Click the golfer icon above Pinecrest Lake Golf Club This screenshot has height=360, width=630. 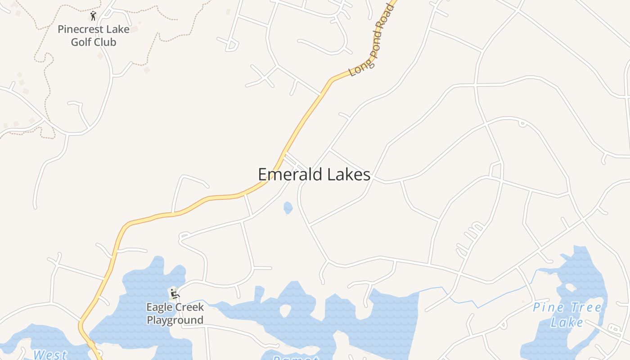coord(93,16)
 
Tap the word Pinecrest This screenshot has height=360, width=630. coord(80,30)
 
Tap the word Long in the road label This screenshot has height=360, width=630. coord(357,69)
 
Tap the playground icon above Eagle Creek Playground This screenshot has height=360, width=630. coord(174,294)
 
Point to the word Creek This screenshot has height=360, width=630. coord(189,308)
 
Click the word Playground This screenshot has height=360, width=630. coord(175,320)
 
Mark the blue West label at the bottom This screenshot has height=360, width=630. coord(50,355)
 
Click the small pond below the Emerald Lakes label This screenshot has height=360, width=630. coord(288,207)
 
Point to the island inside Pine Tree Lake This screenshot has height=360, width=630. coord(571,288)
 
